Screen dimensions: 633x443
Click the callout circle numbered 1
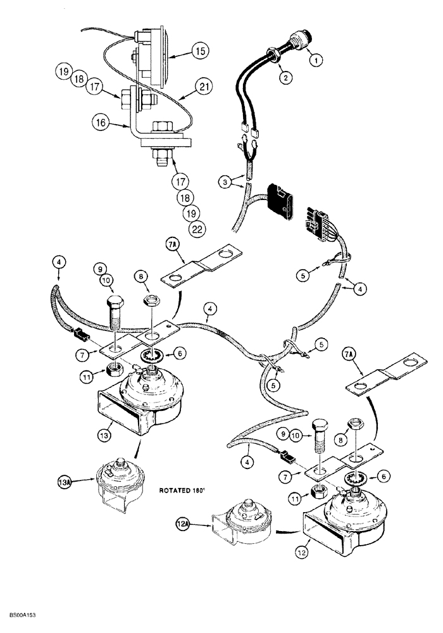coord(315,61)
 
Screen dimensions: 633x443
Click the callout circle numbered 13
coord(105,436)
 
